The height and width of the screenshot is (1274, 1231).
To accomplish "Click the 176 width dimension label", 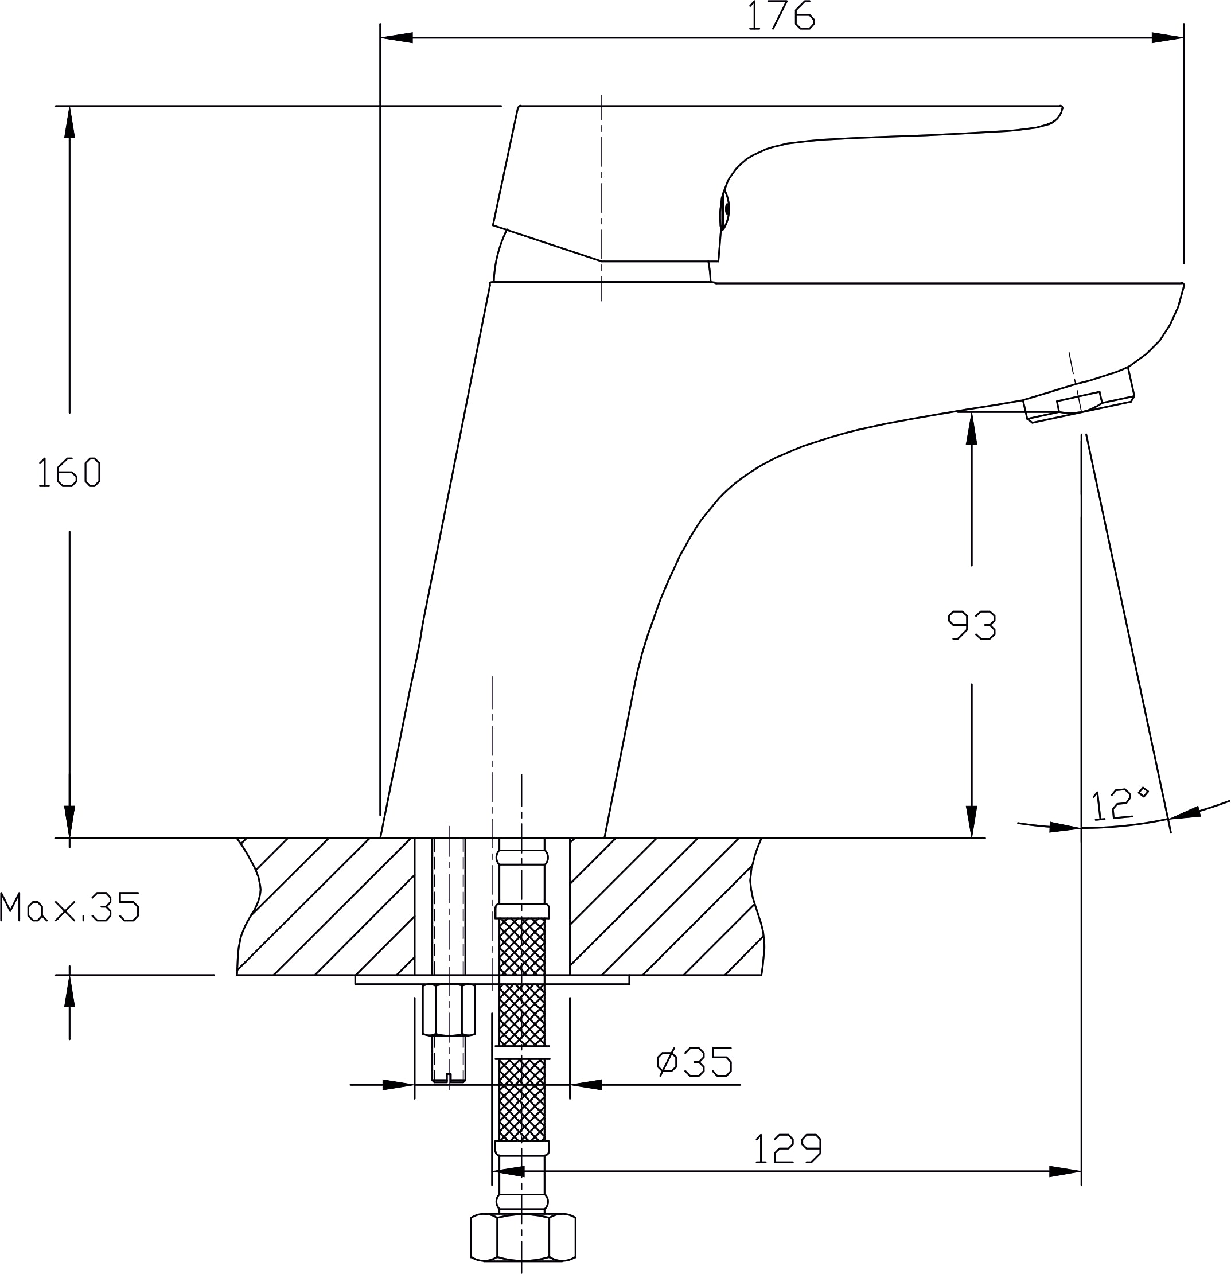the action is coord(781,15).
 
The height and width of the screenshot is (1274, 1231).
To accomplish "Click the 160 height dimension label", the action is coord(69,473).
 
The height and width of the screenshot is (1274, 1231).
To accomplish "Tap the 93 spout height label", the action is coord(971,625).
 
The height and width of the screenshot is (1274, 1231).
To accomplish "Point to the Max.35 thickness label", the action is coord(69,907).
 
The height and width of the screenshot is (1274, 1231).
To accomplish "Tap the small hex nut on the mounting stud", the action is coord(449,1010).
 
